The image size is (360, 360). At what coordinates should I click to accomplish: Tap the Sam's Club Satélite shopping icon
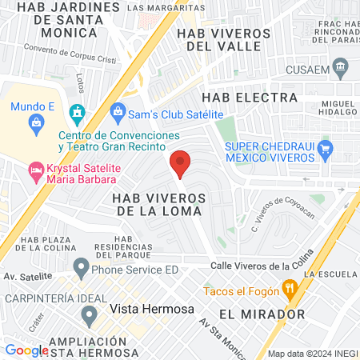tap(117, 110)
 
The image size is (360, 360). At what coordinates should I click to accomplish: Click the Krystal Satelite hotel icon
tap(35, 169)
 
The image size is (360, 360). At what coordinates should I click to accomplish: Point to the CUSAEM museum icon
tap(342, 66)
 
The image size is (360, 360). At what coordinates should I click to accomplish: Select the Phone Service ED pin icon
tap(81, 266)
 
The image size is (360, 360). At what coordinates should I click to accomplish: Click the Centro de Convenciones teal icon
tap(77, 110)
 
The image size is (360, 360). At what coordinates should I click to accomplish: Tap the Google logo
tap(26, 350)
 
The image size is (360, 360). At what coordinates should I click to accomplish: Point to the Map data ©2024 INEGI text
tap(310, 353)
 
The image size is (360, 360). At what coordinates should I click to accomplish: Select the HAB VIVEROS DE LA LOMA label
tap(159, 203)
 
